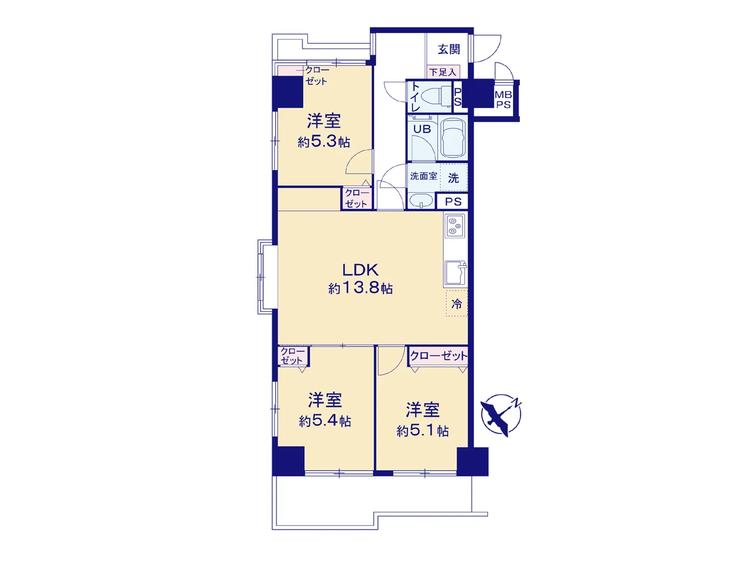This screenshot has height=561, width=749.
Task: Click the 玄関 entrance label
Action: (x=449, y=50)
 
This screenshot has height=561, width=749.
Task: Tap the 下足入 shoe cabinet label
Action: (x=442, y=72)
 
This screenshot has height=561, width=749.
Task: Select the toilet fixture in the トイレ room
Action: (x=438, y=96)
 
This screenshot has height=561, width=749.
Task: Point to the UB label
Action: (x=422, y=129)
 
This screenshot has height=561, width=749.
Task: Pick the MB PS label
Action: (x=503, y=99)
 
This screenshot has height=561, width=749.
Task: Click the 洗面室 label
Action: (x=423, y=176)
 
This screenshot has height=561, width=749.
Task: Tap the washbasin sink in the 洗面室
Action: (x=422, y=200)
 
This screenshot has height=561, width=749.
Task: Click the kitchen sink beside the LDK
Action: (x=455, y=273)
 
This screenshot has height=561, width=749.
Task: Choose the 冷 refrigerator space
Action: (x=457, y=304)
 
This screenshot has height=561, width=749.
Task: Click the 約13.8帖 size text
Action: (x=361, y=288)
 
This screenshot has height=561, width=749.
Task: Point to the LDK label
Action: (x=360, y=270)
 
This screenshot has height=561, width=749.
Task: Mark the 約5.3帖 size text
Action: (x=324, y=141)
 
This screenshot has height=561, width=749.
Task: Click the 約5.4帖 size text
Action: (x=325, y=421)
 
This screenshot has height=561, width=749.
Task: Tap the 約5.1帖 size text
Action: (x=423, y=431)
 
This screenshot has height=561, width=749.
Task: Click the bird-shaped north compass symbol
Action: (x=501, y=416)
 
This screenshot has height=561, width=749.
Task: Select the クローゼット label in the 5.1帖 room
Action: (x=439, y=356)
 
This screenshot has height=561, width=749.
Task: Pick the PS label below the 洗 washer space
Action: (x=453, y=202)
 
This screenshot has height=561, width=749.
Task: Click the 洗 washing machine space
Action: (x=453, y=178)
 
